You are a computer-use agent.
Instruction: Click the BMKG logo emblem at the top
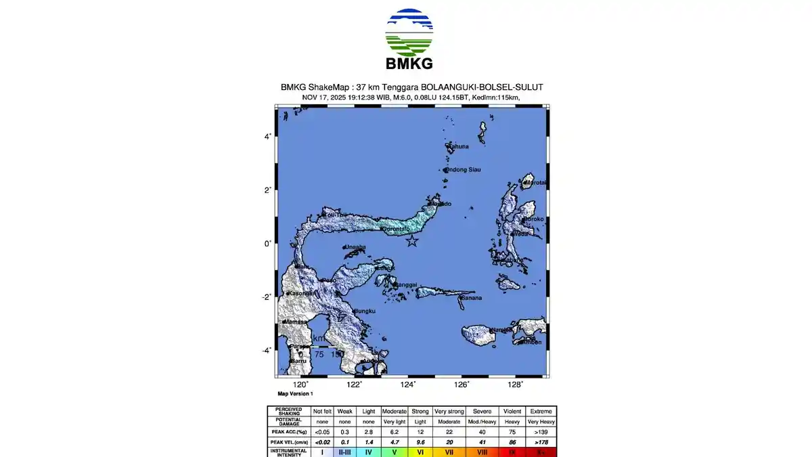click(409, 32)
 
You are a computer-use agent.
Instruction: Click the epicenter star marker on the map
click(412, 242)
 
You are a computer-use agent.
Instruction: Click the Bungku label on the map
click(365, 311)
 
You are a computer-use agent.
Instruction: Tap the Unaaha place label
click(356, 247)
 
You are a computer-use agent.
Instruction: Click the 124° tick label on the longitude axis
click(408, 385)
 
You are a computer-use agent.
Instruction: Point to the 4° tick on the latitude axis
click(267, 137)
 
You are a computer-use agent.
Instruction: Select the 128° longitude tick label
click(516, 385)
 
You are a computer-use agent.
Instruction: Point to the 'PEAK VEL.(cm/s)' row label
click(289, 441)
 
